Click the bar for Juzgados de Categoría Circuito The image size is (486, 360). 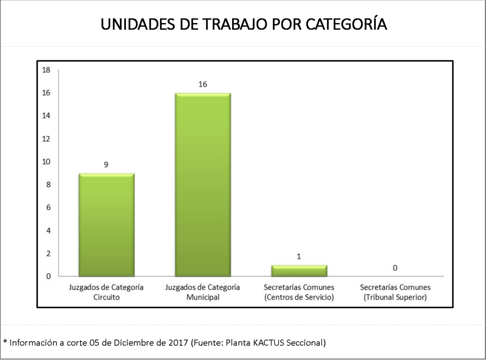[106, 225]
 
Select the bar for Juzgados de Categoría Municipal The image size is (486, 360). [202, 184]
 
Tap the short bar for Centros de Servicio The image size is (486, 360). [299, 270]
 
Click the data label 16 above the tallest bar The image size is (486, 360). [202, 84]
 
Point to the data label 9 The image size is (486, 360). [106, 165]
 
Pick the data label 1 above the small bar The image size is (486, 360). [299, 256]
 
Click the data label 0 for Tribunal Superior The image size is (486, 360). [395, 268]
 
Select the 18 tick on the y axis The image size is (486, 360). [46, 70]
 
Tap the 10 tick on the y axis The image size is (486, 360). [46, 162]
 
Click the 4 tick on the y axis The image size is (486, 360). [48, 231]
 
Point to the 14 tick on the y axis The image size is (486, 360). [46, 116]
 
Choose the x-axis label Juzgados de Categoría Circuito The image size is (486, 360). [106, 292]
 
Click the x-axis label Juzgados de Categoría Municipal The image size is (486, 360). [202, 292]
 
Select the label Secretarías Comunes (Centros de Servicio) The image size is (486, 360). [299, 292]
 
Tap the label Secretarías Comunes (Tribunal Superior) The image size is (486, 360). [395, 292]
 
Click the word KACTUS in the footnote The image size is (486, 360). [268, 343]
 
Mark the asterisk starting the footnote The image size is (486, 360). [5, 342]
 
